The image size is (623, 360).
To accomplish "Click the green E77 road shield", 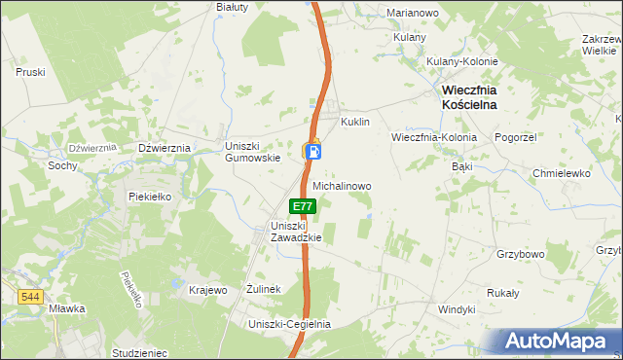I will point(303,206).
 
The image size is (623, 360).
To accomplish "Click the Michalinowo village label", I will point(342,185).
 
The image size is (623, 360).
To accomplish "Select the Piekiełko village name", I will point(150,196).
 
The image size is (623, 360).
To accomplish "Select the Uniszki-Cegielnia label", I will point(289,324).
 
